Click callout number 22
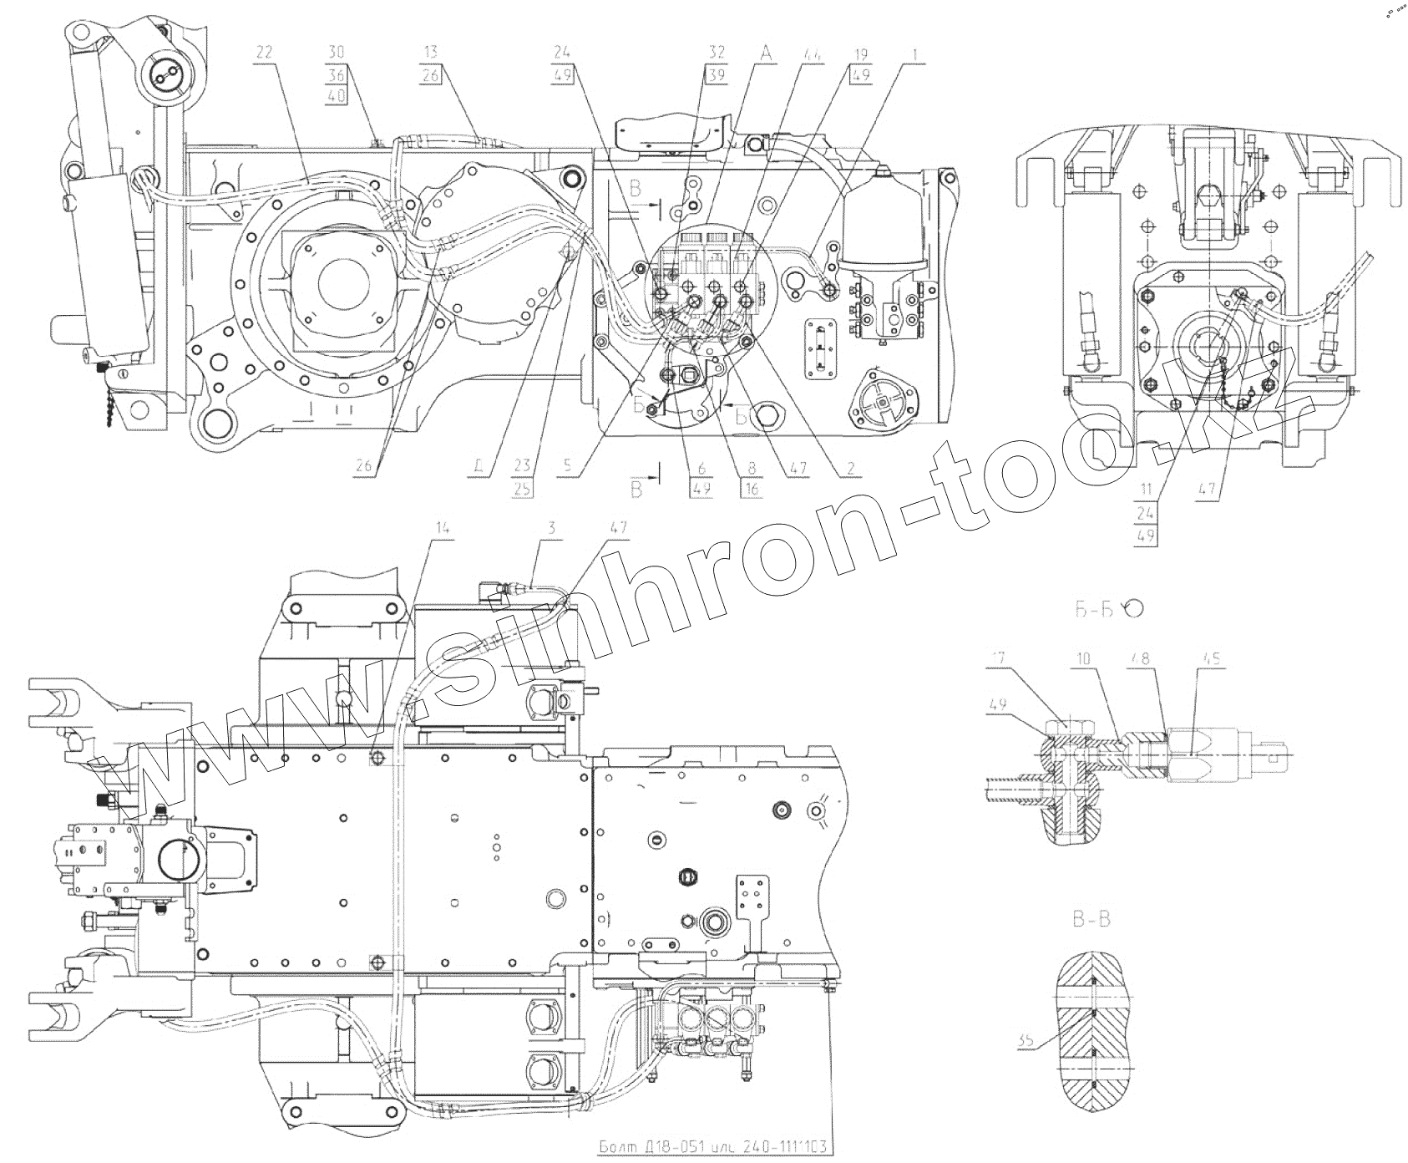(264, 52)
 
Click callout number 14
(442, 528)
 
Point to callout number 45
(1211, 659)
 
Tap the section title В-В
(1092, 921)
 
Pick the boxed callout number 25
(523, 490)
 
